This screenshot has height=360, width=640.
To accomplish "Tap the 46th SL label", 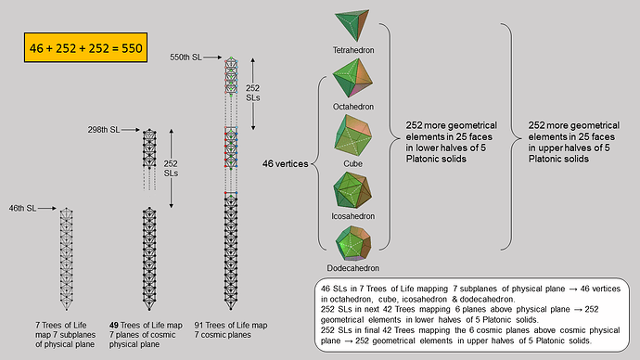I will pyautogui.click(x=23, y=206).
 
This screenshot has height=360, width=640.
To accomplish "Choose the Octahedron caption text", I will pyautogui.click(x=356, y=107).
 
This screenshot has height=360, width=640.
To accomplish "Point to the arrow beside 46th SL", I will pyautogui.click(x=50, y=206).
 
